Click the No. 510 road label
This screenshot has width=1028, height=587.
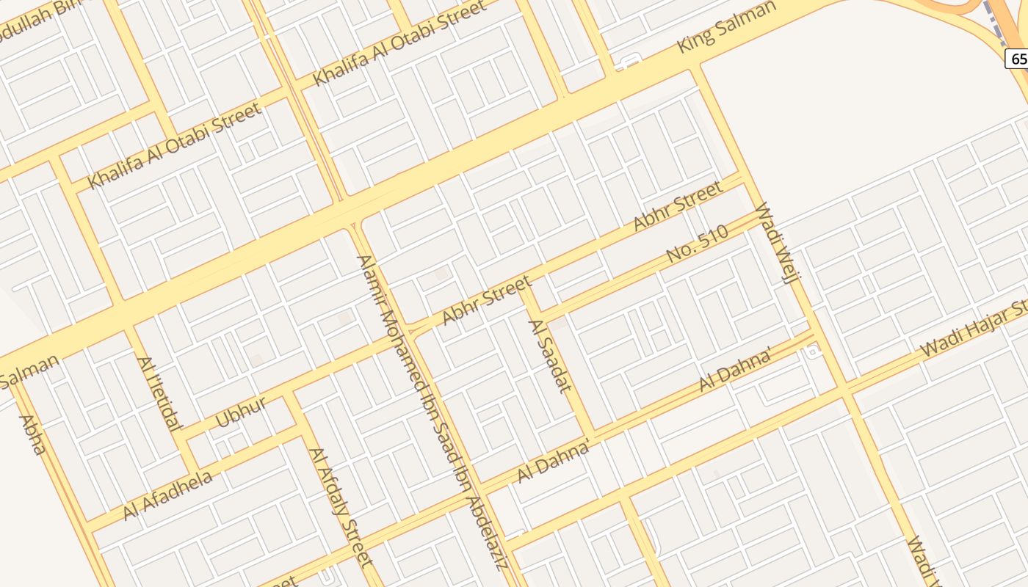pos(697,244)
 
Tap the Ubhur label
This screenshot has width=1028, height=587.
pos(240,413)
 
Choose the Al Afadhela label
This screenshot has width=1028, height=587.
pos(168,495)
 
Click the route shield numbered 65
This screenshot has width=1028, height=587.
pos(1018,59)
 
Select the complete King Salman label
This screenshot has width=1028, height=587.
pos(726,26)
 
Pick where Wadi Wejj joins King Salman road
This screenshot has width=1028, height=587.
pos(693,68)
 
